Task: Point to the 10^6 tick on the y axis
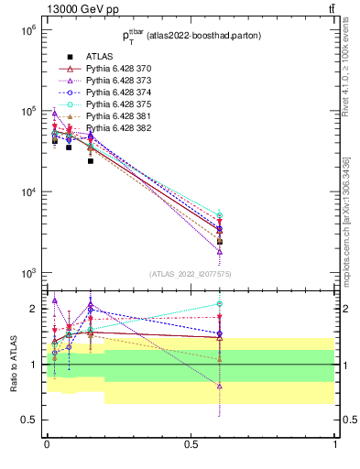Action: pos(27,30)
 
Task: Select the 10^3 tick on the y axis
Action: pos(27,273)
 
